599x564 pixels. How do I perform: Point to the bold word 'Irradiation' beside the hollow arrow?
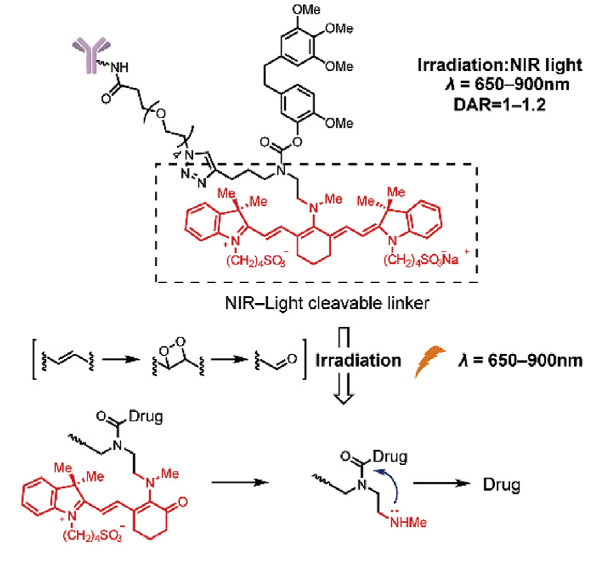click(359, 360)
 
